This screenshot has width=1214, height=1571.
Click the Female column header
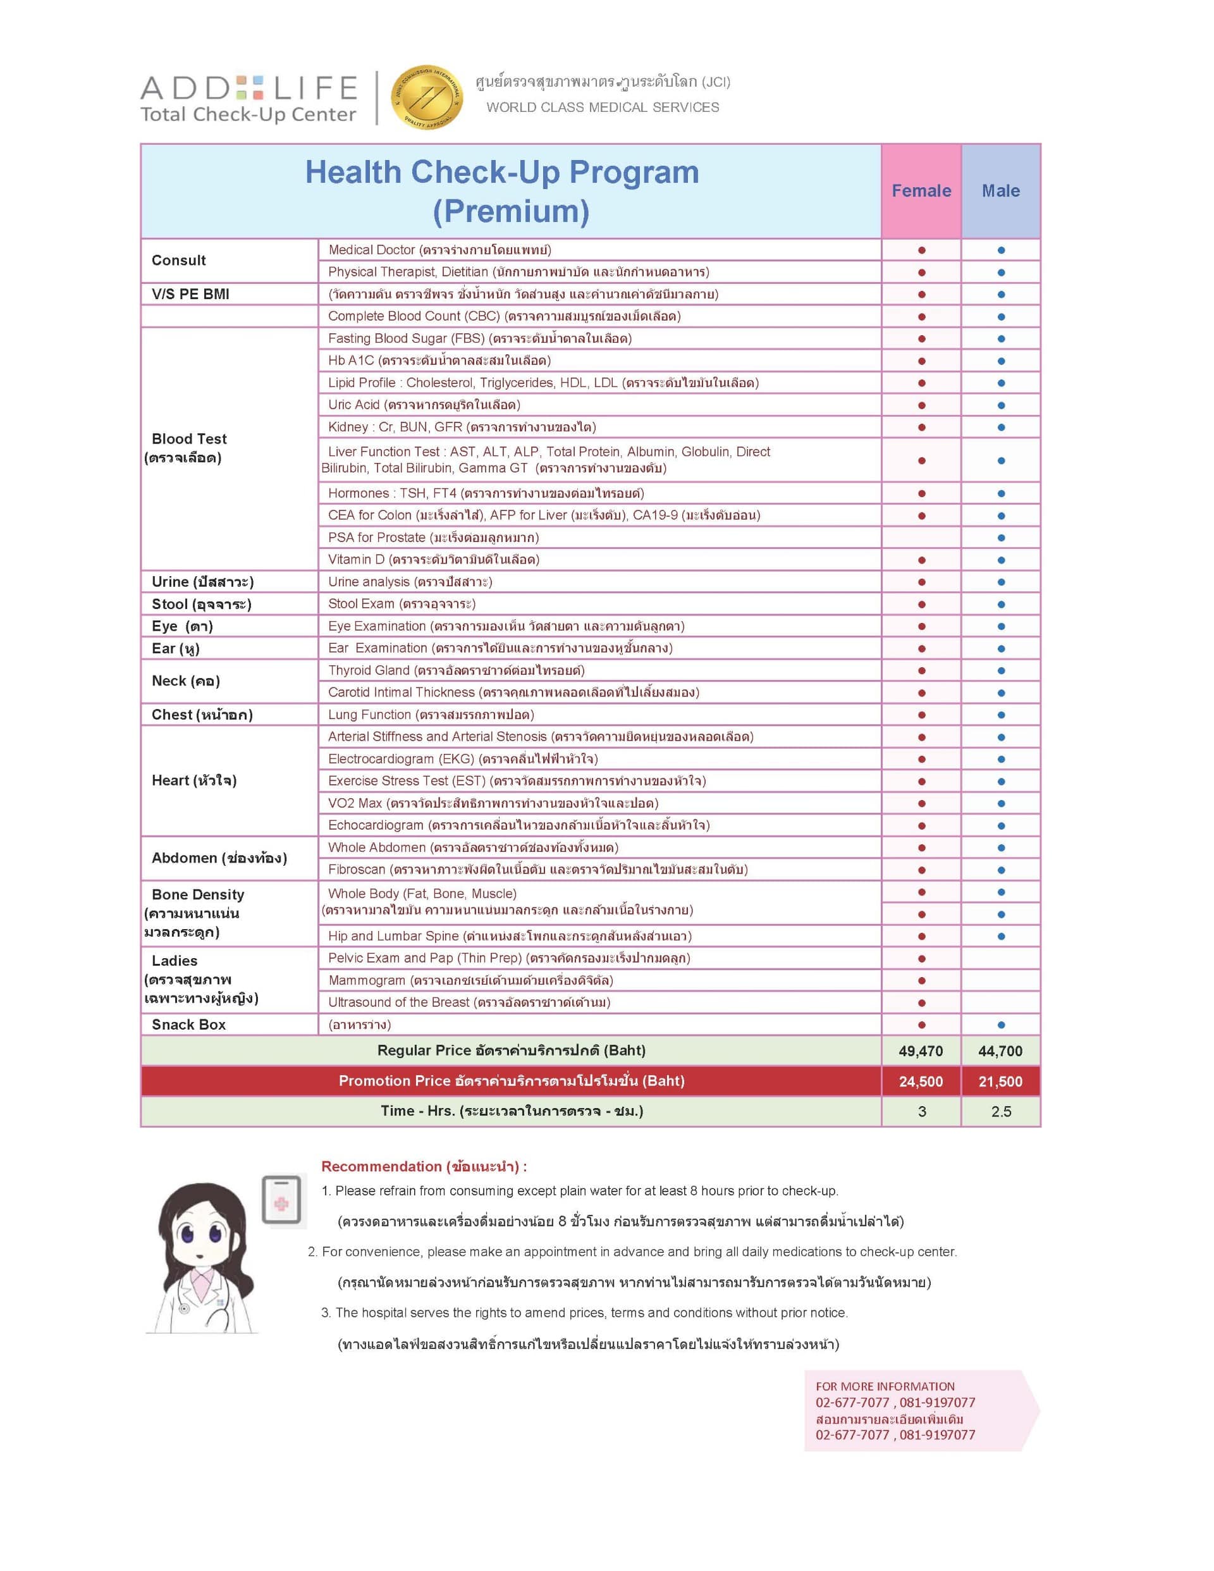921,190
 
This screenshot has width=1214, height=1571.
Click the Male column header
1000,190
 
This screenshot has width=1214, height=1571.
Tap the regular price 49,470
921,1051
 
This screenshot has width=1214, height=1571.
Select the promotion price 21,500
1000,1081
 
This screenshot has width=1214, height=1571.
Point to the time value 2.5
1000,1111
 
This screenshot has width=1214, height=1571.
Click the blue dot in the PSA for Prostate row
1000,538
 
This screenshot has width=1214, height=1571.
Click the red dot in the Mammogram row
921,980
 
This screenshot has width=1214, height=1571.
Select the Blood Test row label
188,440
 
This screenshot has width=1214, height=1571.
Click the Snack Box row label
188,1025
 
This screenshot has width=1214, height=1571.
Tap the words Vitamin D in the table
356,560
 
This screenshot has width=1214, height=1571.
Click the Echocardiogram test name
376,825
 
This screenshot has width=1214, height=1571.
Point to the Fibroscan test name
357,869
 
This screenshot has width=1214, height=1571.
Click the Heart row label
193,780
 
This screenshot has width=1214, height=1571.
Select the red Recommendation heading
424,1166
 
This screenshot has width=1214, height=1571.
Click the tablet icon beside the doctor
281,1199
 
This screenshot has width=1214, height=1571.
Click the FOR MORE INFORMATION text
885,1386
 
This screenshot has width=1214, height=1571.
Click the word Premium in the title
511,211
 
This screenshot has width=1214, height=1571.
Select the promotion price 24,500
921,1081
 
